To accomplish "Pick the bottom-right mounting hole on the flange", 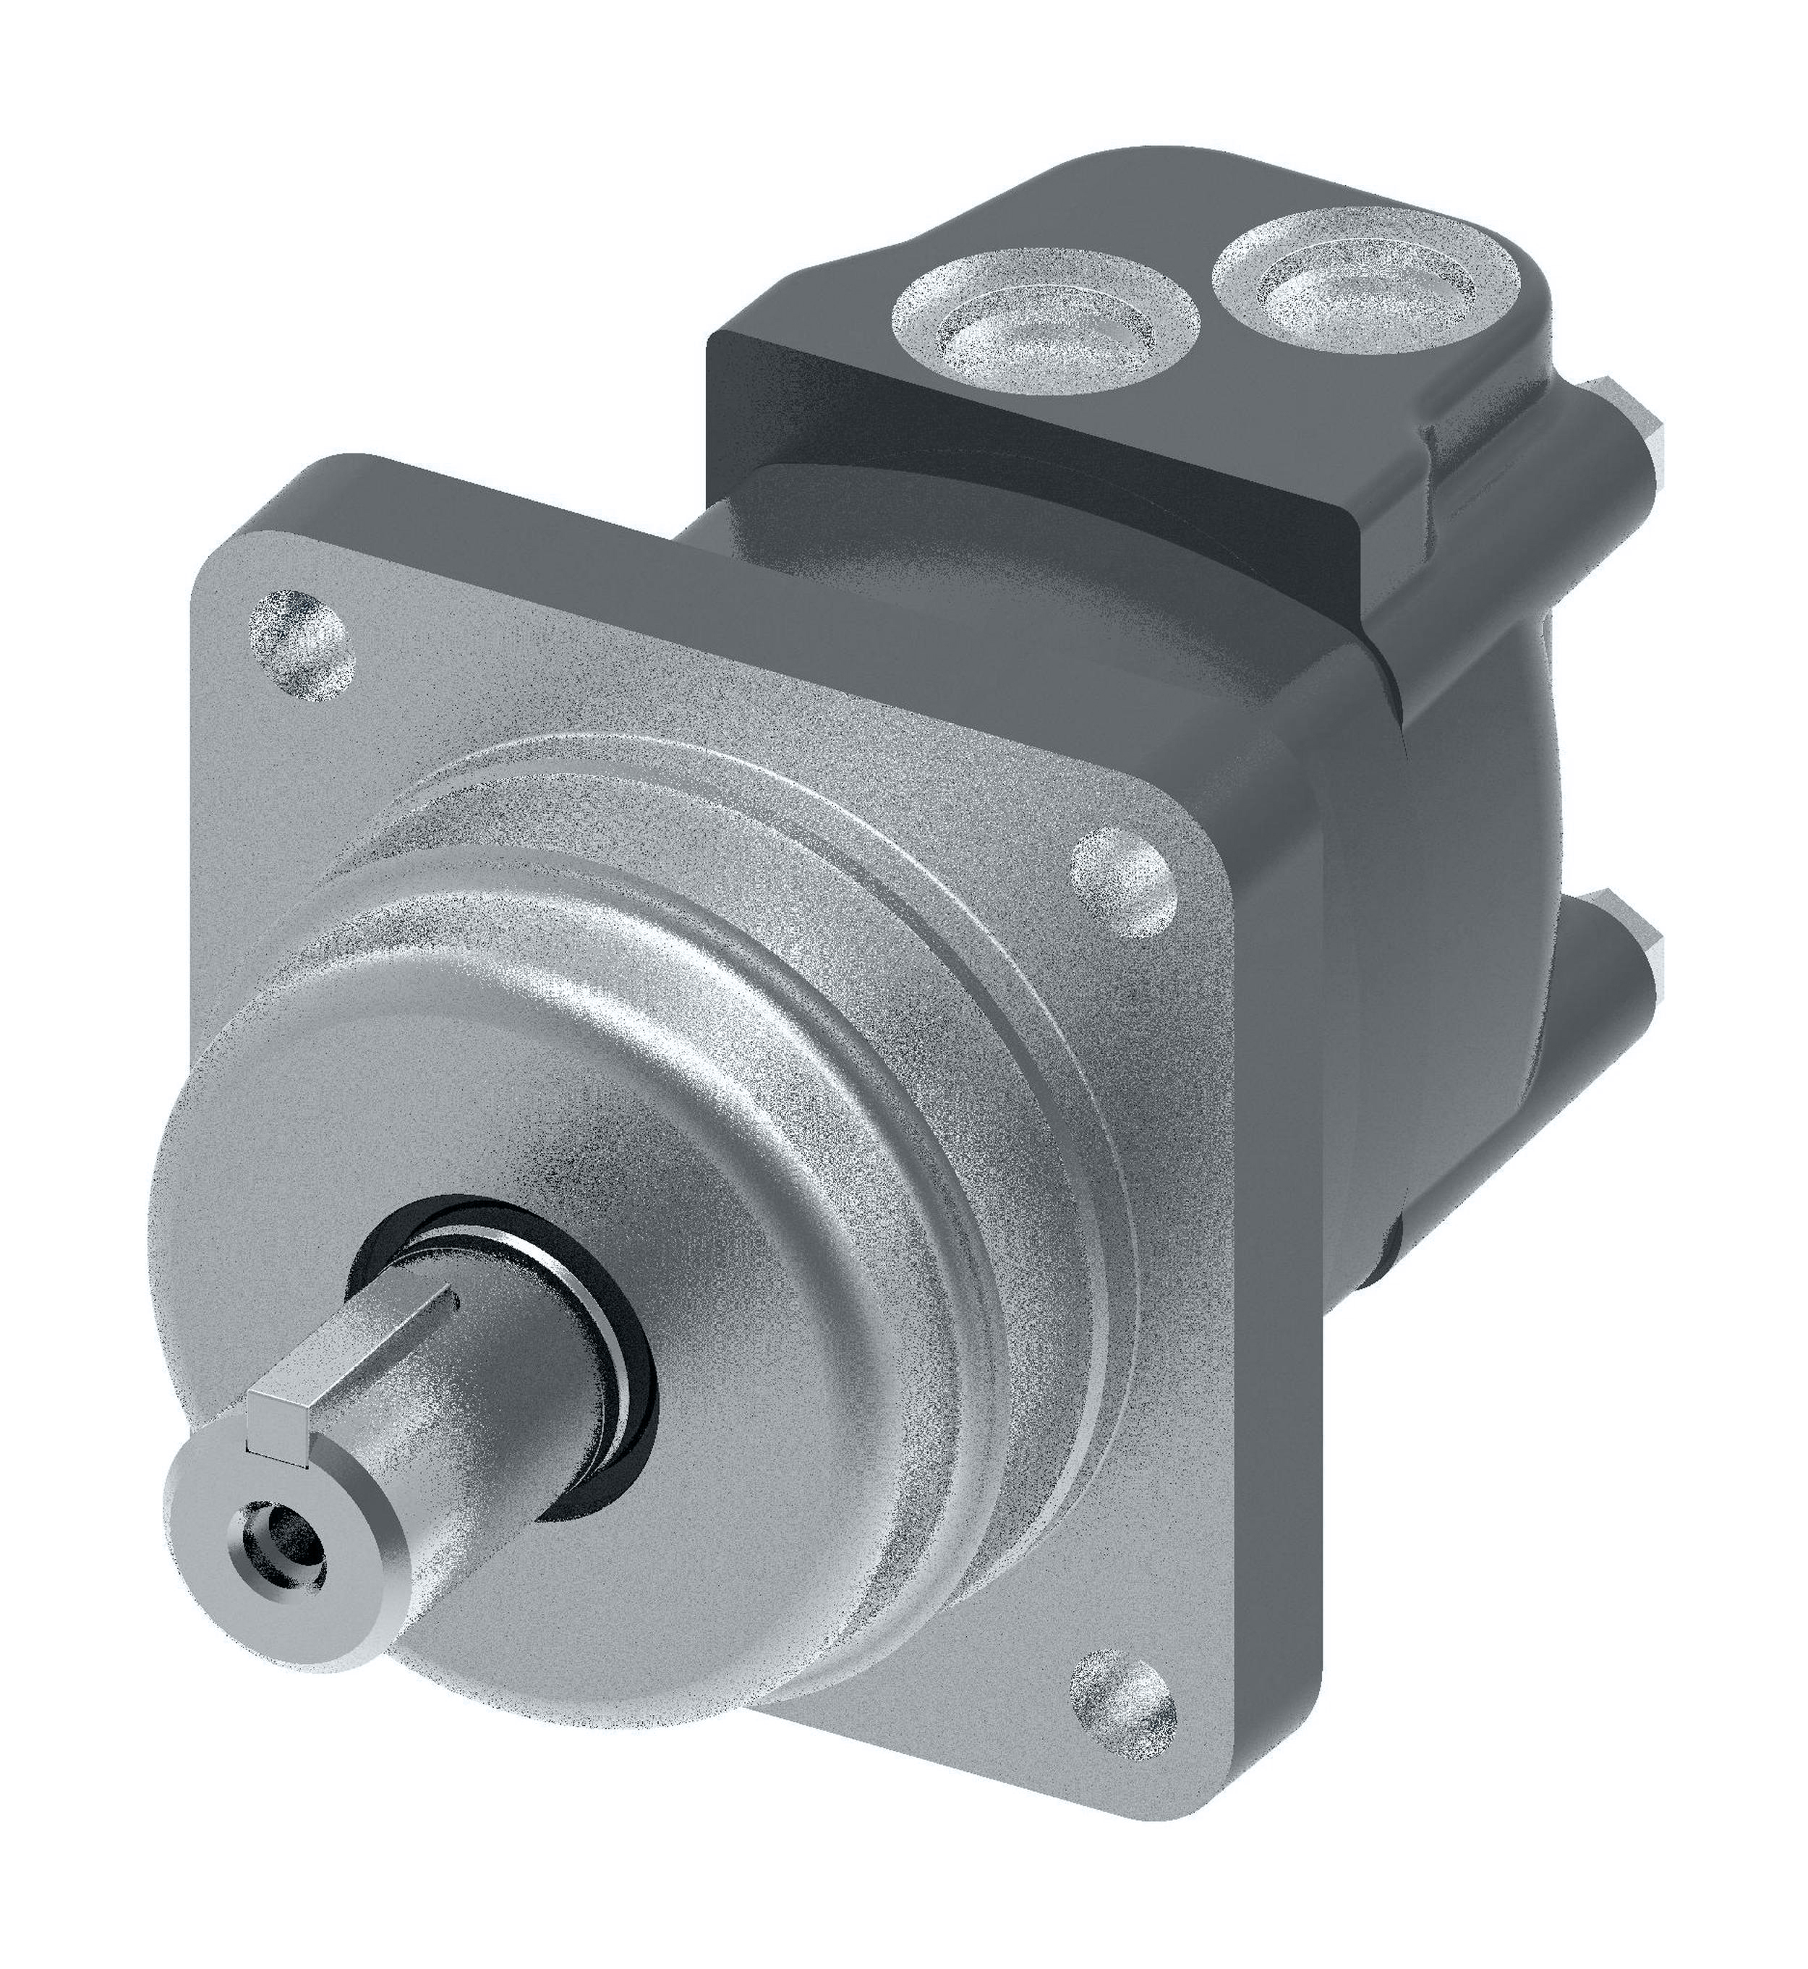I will [x=1124, y=1609].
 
